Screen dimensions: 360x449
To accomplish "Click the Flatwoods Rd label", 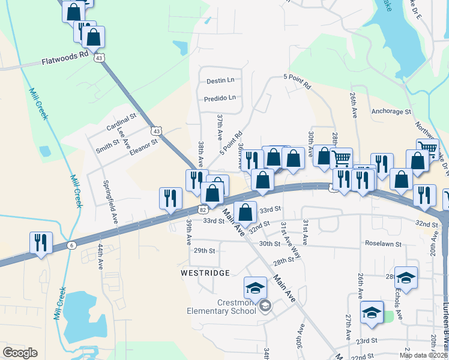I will coord(65,61).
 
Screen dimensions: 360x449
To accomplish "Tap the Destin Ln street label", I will coord(220,80).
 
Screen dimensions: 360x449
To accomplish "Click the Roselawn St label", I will coord(384,244).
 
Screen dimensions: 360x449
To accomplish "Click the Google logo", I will coord(20,353).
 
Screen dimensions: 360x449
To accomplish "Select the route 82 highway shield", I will coord(203,209).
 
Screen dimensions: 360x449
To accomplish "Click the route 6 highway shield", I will coord(72,245).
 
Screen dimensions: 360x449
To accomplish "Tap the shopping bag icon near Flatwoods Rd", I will coord(94,37).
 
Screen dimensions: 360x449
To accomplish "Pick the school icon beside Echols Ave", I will coord(406,277).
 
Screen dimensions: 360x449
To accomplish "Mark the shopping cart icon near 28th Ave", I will coord(340,158).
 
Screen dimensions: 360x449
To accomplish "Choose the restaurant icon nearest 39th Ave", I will coord(170,198).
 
